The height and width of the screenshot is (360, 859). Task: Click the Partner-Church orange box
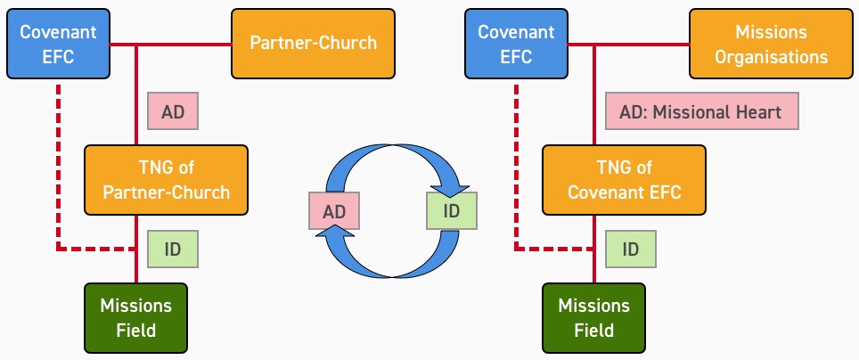(x=314, y=43)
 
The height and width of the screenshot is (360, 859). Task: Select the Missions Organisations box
(x=771, y=44)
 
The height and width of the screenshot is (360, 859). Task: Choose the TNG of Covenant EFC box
(x=624, y=179)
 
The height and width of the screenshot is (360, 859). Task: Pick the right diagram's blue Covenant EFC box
(x=517, y=44)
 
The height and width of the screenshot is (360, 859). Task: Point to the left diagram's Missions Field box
(x=135, y=317)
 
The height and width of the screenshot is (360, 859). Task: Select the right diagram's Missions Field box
(x=593, y=317)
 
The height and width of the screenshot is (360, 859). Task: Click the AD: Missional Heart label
(x=701, y=113)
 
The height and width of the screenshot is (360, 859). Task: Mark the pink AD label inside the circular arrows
(x=333, y=211)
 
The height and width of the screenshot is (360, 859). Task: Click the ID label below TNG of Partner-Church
(x=172, y=250)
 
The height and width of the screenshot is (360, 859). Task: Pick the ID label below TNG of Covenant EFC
(x=631, y=250)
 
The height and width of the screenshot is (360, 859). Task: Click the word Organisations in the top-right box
(x=771, y=56)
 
